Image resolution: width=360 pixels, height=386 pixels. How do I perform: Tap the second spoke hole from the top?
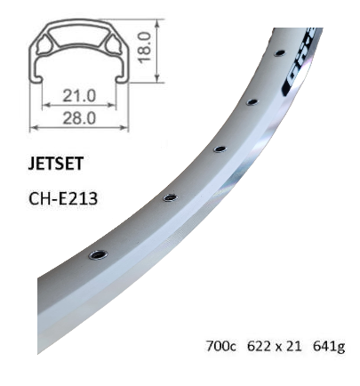pos(253,102)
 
